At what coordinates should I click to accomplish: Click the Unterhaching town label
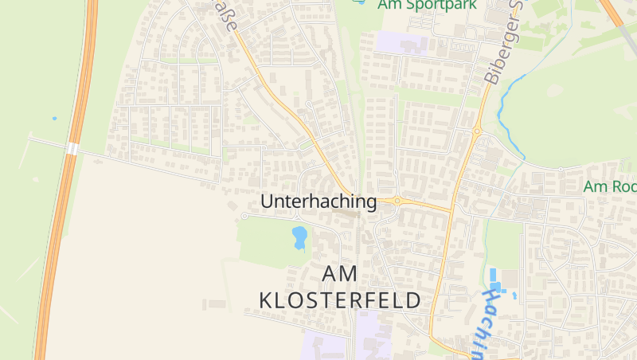(318, 202)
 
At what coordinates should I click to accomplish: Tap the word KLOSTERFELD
(340, 300)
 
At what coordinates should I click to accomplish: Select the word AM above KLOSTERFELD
(340, 274)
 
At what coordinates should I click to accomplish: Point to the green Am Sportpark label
(427, 4)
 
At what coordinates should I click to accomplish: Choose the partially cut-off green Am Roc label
(610, 186)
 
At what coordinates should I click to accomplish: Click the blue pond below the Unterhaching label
(299, 237)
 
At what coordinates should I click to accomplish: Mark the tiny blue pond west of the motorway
(54, 119)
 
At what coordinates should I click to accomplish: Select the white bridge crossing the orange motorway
(72, 149)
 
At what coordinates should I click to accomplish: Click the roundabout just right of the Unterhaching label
(397, 202)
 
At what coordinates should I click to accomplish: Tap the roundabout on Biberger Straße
(478, 132)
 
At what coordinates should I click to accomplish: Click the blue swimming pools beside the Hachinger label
(494, 280)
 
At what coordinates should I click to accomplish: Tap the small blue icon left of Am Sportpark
(360, 2)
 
